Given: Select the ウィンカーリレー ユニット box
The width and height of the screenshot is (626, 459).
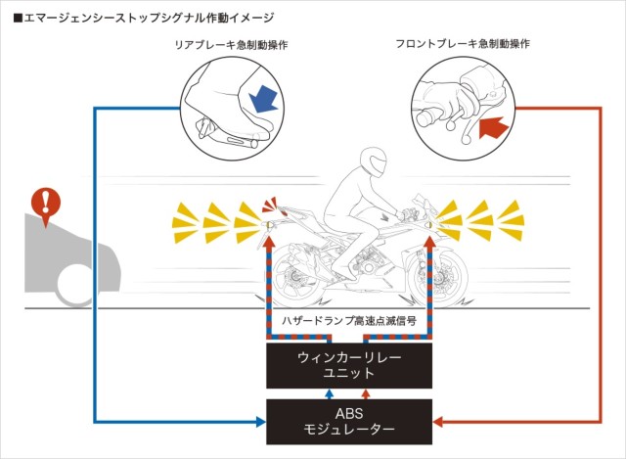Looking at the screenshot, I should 350,366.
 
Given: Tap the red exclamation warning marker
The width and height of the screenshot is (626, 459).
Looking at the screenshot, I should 45,204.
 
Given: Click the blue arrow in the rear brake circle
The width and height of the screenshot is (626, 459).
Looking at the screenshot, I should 261,98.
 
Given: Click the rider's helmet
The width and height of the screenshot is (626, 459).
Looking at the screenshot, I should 372,161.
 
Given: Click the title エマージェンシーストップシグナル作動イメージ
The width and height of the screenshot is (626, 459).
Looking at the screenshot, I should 143,17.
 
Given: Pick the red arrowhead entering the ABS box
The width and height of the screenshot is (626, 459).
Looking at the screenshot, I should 439,422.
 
